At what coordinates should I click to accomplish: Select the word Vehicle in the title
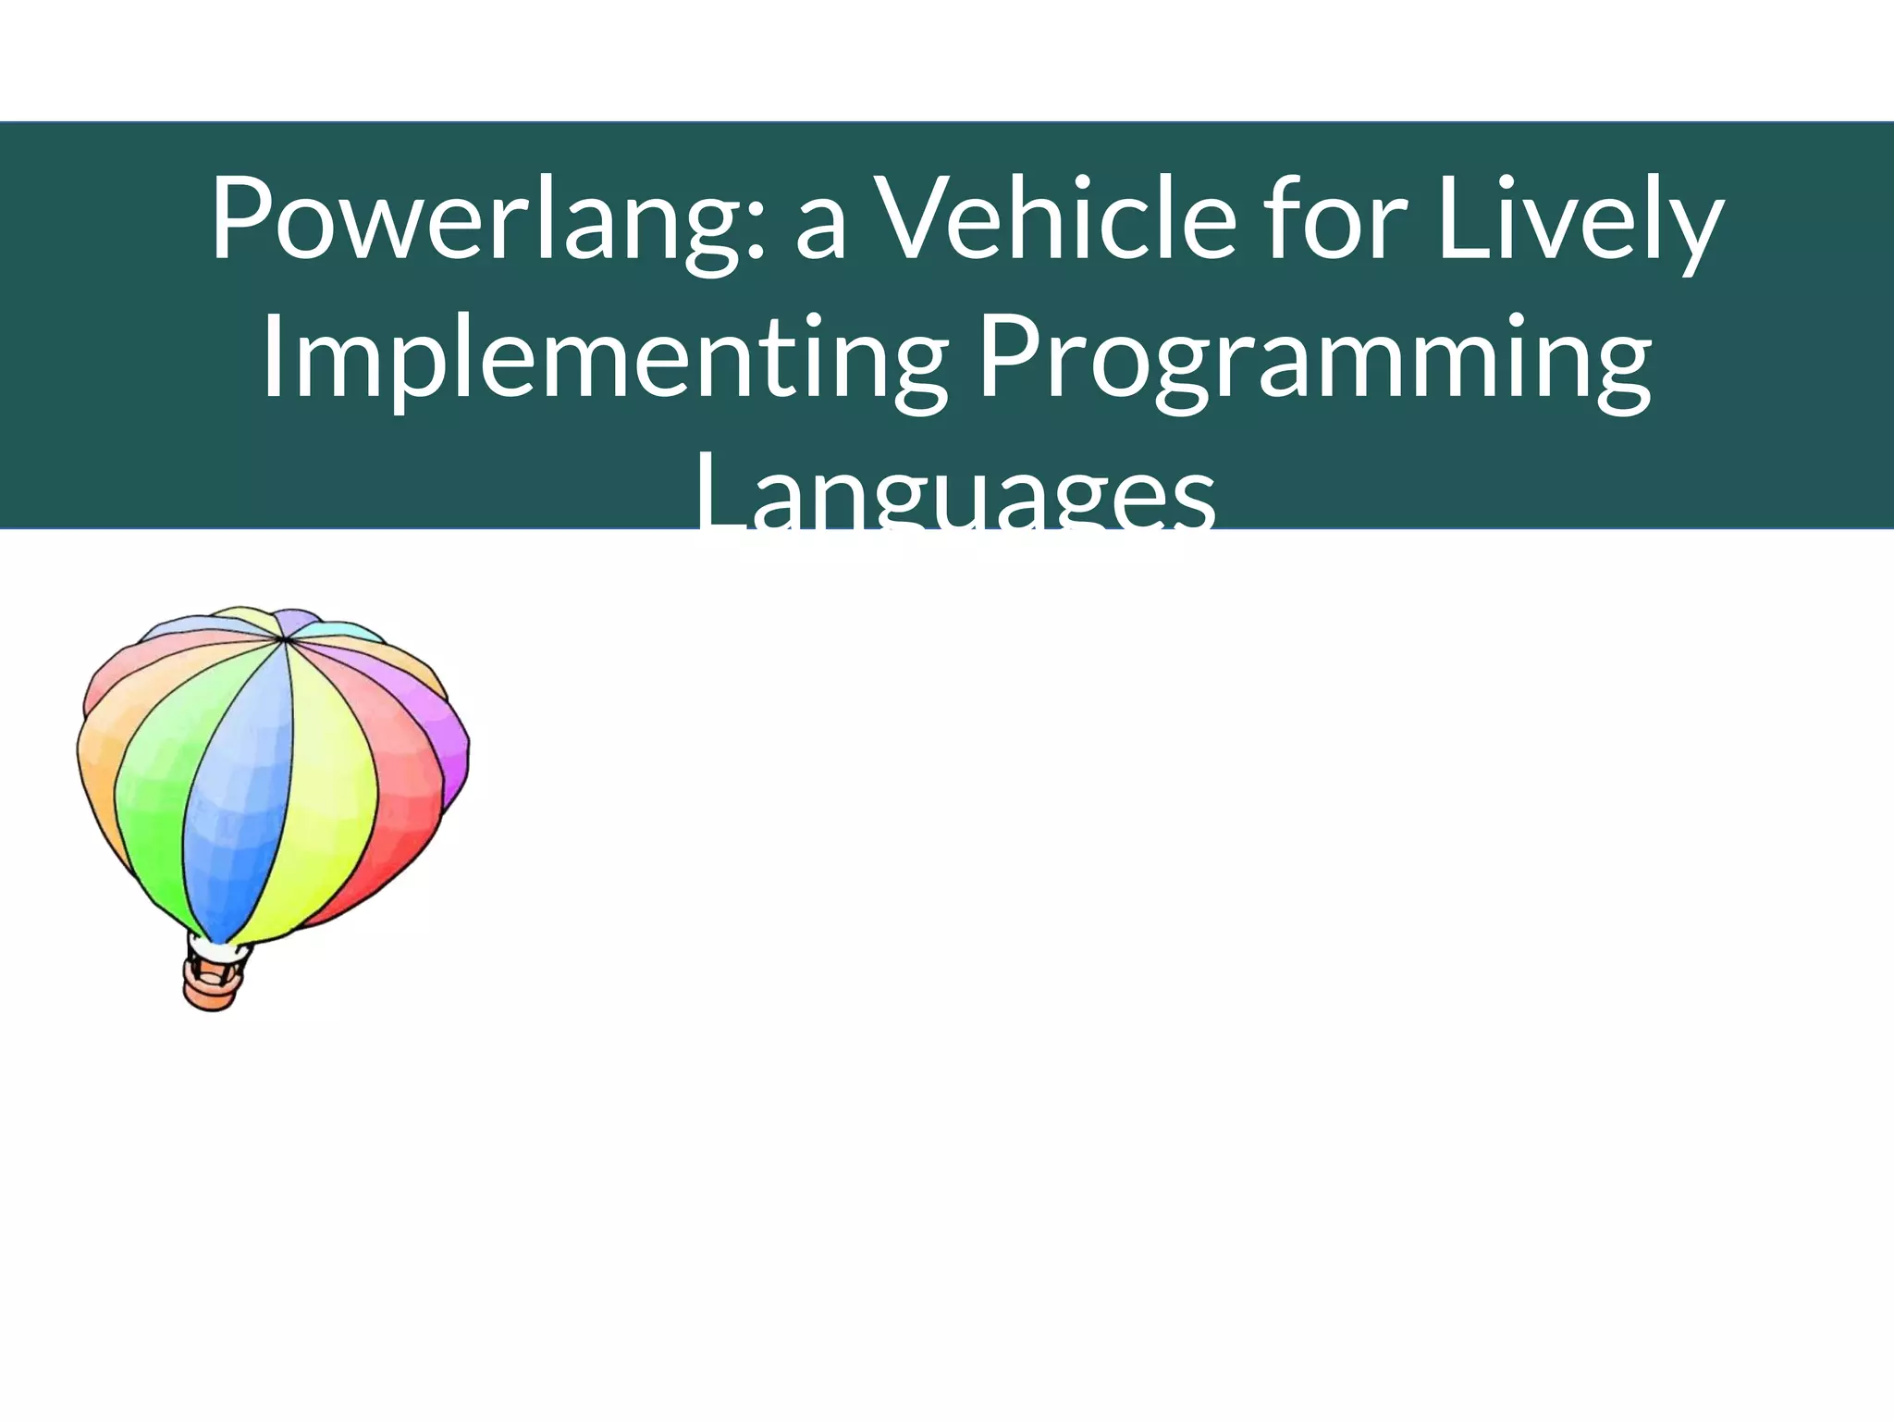pos(1054,220)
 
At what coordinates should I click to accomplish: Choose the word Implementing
pos(606,361)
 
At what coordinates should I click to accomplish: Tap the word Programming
pos(1314,361)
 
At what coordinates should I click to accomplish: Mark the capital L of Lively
pos(1461,218)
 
